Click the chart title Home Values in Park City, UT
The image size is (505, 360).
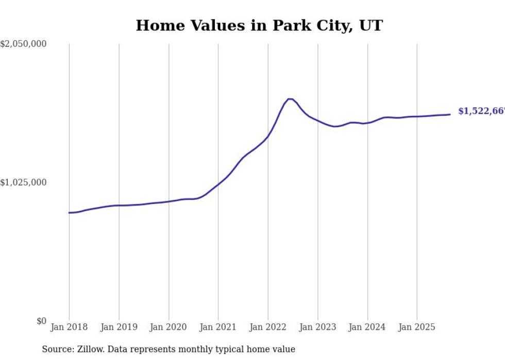click(259, 25)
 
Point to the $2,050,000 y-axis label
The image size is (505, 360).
click(24, 44)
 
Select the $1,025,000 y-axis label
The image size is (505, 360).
click(24, 183)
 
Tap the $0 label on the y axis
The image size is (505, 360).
click(41, 321)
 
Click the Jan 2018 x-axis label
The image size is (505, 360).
click(69, 327)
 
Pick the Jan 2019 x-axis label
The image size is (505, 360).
click(119, 327)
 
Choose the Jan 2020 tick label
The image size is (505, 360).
click(169, 327)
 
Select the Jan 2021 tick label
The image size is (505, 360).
click(218, 327)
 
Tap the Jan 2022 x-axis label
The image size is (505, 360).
click(268, 327)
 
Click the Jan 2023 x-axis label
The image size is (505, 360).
click(318, 327)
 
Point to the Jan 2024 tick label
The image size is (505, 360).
click(367, 327)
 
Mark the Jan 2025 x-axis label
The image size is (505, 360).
click(417, 327)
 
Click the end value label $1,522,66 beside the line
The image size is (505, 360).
click(481, 111)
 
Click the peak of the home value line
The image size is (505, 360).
click(290, 99)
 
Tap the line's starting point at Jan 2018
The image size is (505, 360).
click(70, 213)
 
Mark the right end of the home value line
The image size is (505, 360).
click(450, 114)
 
